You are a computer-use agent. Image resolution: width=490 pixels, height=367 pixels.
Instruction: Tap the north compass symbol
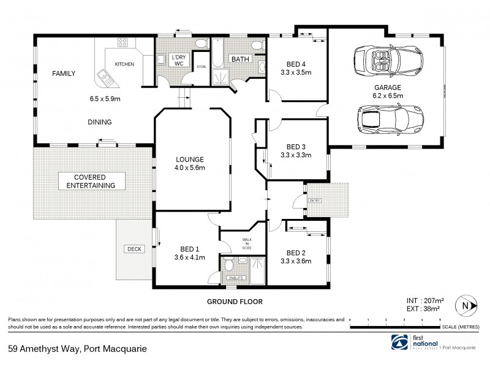(467, 305)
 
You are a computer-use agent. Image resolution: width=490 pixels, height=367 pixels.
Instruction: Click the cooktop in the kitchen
(123, 43)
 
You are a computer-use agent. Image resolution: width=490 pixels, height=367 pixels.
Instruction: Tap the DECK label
(134, 249)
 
